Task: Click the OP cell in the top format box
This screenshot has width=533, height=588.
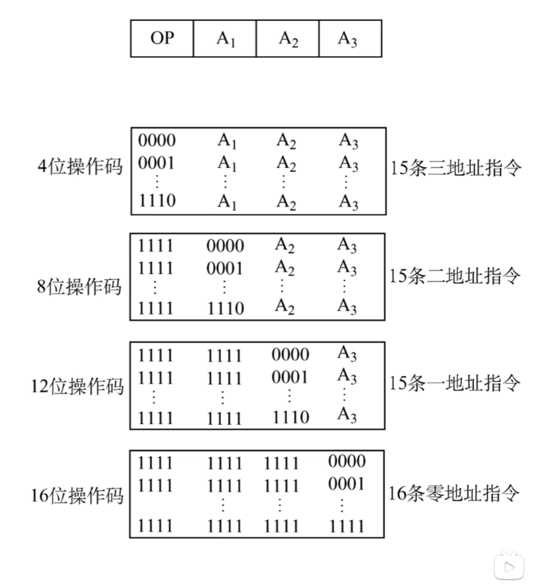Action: pyautogui.click(x=162, y=39)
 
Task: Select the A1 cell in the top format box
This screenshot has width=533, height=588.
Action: pyautogui.click(x=225, y=39)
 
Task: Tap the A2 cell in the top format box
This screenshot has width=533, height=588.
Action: pyautogui.click(x=288, y=39)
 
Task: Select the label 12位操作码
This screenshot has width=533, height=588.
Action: pyautogui.click(x=77, y=386)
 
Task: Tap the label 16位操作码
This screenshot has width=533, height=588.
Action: pyautogui.click(x=77, y=495)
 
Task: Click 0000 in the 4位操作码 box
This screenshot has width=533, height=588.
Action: pyautogui.click(x=156, y=140)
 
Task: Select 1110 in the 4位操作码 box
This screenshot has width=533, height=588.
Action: pyautogui.click(x=156, y=201)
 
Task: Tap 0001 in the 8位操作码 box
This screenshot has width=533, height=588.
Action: pyautogui.click(x=225, y=269)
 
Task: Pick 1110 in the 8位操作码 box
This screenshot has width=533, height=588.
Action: pyautogui.click(x=225, y=308)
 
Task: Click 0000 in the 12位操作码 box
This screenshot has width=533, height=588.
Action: pyautogui.click(x=290, y=354)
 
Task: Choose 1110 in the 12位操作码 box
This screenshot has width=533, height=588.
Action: pyautogui.click(x=290, y=417)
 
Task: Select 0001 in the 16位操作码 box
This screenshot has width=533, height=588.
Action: pyautogui.click(x=346, y=484)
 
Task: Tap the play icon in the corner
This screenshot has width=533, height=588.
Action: pyautogui.click(x=509, y=567)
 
